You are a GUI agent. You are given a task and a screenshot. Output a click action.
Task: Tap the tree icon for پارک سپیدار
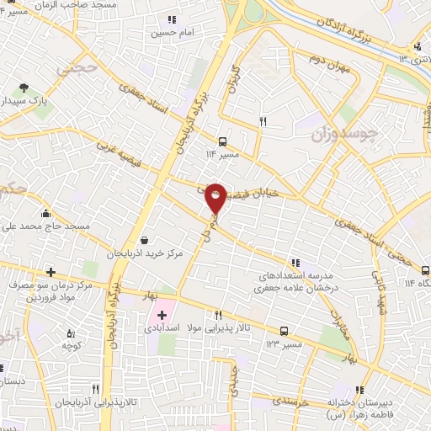tap(24, 87)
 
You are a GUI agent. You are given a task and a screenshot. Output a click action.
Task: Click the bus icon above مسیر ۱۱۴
tap(222, 141)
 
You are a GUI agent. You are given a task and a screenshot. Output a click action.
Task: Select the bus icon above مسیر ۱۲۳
tap(284, 331)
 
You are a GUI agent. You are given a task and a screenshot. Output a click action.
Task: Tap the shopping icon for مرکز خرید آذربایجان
tap(144, 241)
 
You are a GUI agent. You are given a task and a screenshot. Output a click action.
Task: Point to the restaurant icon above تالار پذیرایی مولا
tap(219, 314)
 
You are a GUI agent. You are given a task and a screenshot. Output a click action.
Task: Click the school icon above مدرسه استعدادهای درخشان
tap(295, 263)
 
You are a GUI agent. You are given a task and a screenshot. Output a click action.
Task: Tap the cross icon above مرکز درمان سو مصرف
tap(51, 272)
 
